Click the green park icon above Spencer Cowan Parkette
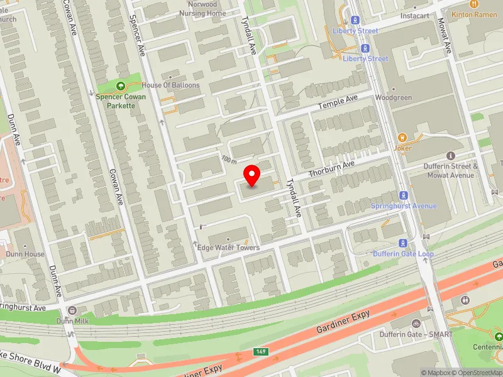point(121,85)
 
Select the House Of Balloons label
point(170,85)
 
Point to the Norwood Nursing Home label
point(202,9)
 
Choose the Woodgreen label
point(393,98)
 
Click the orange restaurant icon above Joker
point(402,137)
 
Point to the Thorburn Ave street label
point(331,168)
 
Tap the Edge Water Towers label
point(228,248)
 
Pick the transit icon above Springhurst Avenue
point(403,195)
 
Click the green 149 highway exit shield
point(263,352)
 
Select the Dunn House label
point(25,254)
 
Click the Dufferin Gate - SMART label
point(416,334)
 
